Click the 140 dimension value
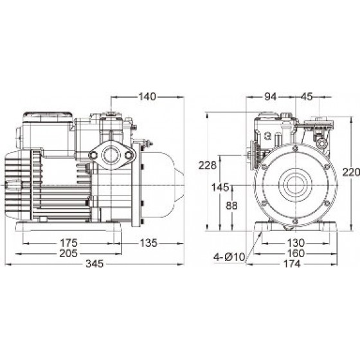[x=147, y=96]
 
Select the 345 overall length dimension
[x=94, y=264]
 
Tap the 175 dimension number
[x=69, y=243]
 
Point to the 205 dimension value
[x=69, y=253]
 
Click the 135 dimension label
[x=148, y=243]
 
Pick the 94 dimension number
[x=271, y=96]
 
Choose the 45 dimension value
[x=307, y=96]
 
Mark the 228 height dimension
[x=207, y=165]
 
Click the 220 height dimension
[x=351, y=172]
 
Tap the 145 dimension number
[x=221, y=187]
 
